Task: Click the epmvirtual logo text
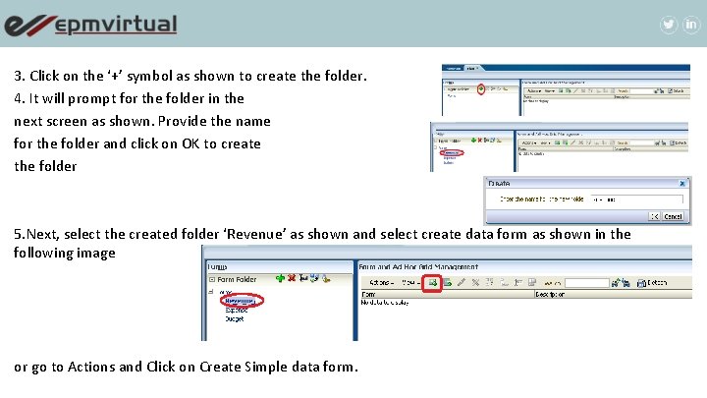click(116, 25)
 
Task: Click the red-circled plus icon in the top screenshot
click(481, 88)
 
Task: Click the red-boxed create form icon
click(431, 283)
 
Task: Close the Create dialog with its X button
click(683, 183)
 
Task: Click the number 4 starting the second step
click(18, 98)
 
